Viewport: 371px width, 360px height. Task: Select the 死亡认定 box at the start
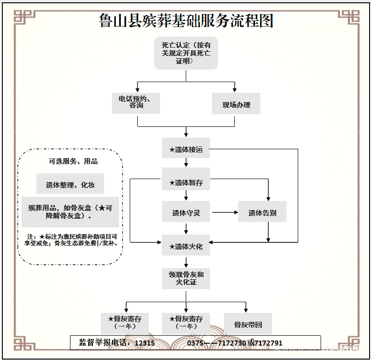pyautogui.click(x=186, y=53)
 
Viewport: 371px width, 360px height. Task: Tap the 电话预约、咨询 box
pyautogui.click(x=136, y=103)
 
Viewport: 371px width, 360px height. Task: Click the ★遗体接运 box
pyautogui.click(x=186, y=150)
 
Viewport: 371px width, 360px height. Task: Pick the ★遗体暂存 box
pyautogui.click(x=186, y=183)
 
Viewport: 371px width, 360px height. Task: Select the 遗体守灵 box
pyautogui.click(x=186, y=213)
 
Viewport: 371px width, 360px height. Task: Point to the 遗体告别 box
pyautogui.click(x=262, y=213)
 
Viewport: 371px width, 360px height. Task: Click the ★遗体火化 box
pyautogui.click(x=186, y=246)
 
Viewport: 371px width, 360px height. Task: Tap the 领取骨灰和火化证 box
pyautogui.click(x=186, y=278)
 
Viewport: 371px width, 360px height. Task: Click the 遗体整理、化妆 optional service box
pyautogui.click(x=70, y=185)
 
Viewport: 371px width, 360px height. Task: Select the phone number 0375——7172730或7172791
pyautogui.click(x=235, y=343)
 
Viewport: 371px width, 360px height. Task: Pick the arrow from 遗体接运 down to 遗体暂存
pyautogui.click(x=186, y=162)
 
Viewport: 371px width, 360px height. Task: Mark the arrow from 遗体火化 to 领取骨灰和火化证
pyautogui.click(x=186, y=262)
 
